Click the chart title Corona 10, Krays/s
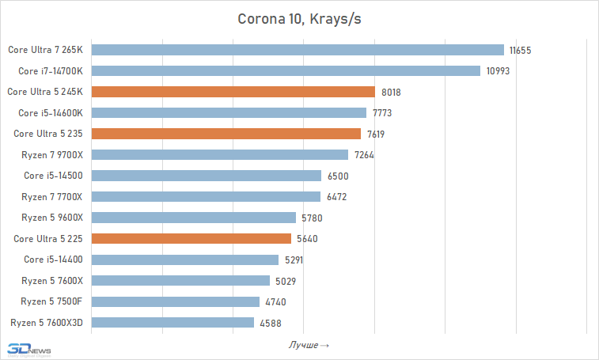[x=299, y=19]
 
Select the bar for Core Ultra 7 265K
[x=298, y=50]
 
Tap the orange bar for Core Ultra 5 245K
[x=233, y=92]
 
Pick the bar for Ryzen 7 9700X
[x=220, y=154]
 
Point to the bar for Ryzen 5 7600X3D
[x=173, y=322]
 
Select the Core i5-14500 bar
[x=207, y=176]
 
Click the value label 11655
[x=520, y=50]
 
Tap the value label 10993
[x=496, y=71]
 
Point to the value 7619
[x=377, y=134]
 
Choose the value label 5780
[x=312, y=218]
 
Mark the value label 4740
[x=275, y=301]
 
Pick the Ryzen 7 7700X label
[x=51, y=196]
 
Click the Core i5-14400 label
[x=53, y=260]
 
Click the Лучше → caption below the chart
[x=309, y=345]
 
